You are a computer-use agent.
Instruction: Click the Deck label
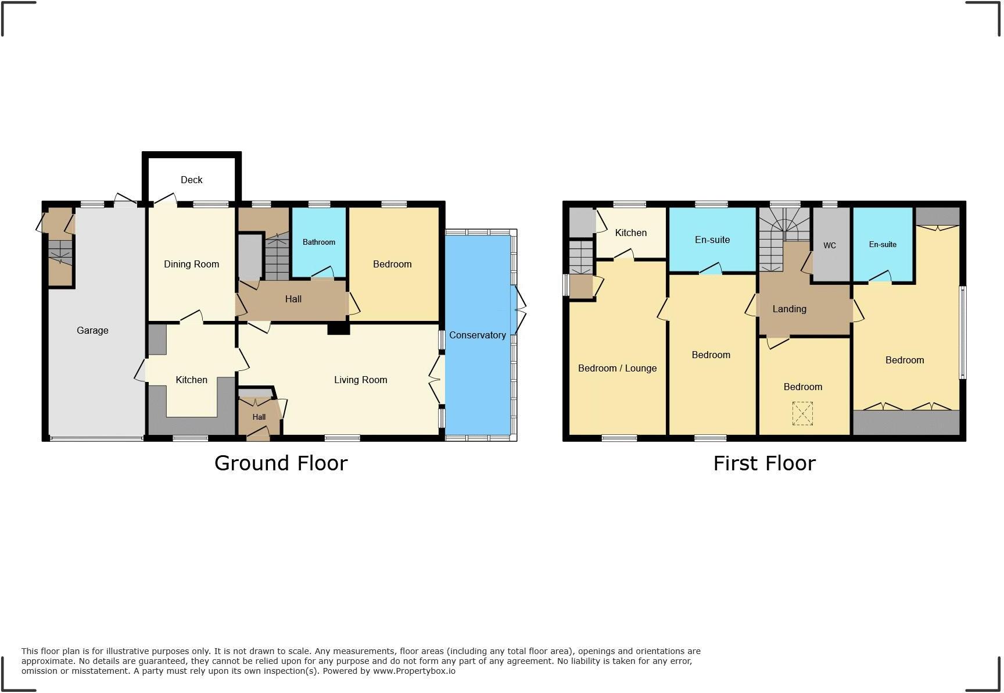click(191, 180)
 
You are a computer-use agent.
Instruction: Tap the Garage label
click(92, 330)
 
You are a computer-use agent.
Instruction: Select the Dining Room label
click(191, 264)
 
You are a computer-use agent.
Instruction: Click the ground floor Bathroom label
click(318, 242)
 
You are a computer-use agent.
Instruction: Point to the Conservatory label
click(477, 335)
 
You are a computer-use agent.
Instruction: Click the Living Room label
click(360, 380)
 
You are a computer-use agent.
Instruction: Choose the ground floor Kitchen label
click(191, 380)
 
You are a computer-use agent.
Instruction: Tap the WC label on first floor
click(829, 245)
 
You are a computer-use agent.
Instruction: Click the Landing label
click(789, 309)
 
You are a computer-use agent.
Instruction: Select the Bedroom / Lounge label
click(617, 368)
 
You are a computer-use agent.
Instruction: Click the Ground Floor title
click(281, 463)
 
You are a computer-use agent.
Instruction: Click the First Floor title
click(764, 463)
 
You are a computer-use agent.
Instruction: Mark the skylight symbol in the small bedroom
click(802, 414)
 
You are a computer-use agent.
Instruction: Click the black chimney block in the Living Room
click(338, 329)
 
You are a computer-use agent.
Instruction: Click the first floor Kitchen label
click(630, 233)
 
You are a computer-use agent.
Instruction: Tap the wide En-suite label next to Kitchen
click(712, 240)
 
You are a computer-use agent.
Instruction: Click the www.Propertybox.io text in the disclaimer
click(414, 671)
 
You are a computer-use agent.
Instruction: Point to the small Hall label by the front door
click(259, 417)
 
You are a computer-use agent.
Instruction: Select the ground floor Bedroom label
click(392, 264)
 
